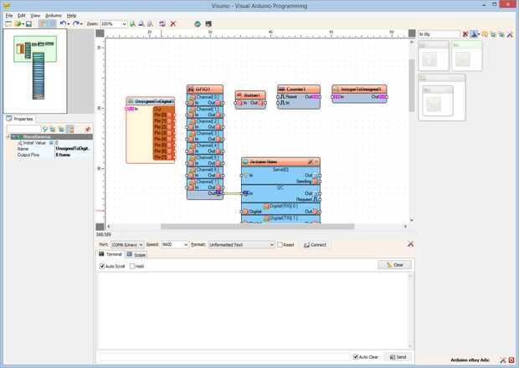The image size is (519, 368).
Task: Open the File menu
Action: click(x=9, y=15)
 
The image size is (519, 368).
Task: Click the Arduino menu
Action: click(x=53, y=15)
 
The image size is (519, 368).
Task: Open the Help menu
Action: click(x=71, y=15)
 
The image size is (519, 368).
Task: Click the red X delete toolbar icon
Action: click(x=173, y=23)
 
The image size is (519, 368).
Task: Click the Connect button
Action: click(x=316, y=244)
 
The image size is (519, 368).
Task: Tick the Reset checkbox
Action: click(x=280, y=244)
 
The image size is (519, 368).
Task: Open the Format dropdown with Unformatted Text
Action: click(x=241, y=244)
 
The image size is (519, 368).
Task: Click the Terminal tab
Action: click(x=111, y=253)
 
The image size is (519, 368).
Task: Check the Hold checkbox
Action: click(x=132, y=266)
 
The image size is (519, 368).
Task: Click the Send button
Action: click(x=397, y=356)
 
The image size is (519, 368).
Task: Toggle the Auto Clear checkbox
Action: click(x=356, y=356)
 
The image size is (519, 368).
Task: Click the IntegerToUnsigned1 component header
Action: click(x=359, y=89)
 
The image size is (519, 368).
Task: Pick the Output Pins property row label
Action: click(x=29, y=154)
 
